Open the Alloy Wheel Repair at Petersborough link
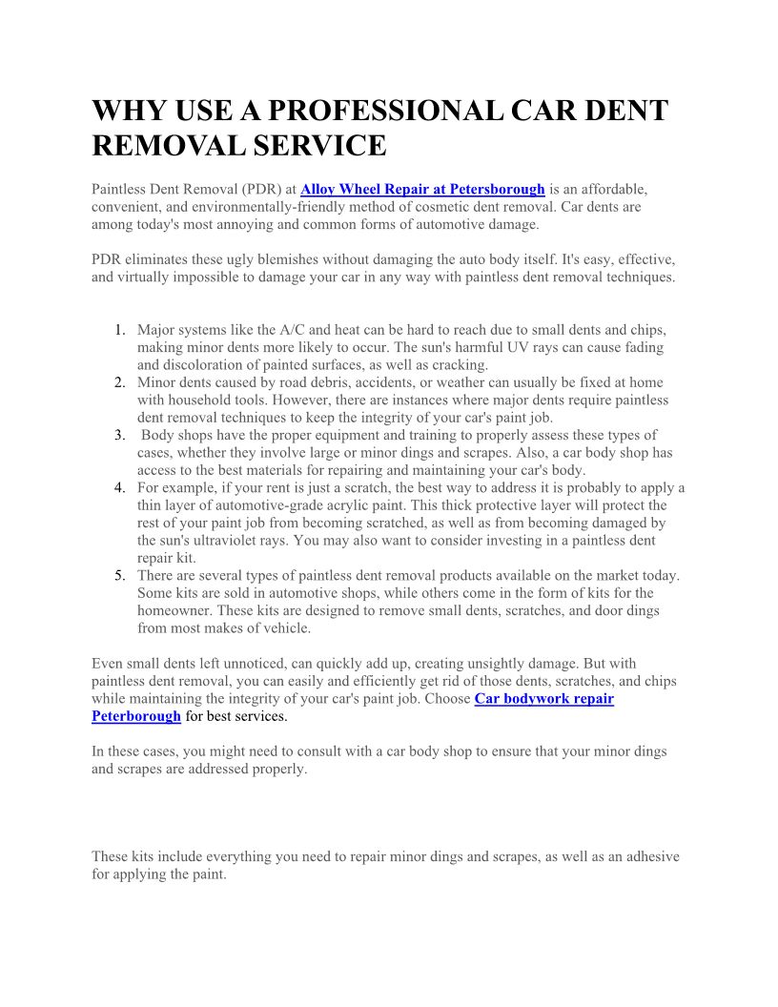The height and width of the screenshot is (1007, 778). [422, 189]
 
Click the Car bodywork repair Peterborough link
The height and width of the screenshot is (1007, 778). [543, 698]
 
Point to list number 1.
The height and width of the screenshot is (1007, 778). [120, 330]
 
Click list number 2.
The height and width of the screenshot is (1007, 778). [120, 382]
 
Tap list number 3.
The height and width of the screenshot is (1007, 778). [120, 435]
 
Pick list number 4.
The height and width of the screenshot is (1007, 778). [120, 488]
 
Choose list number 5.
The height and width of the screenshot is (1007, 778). [120, 576]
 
